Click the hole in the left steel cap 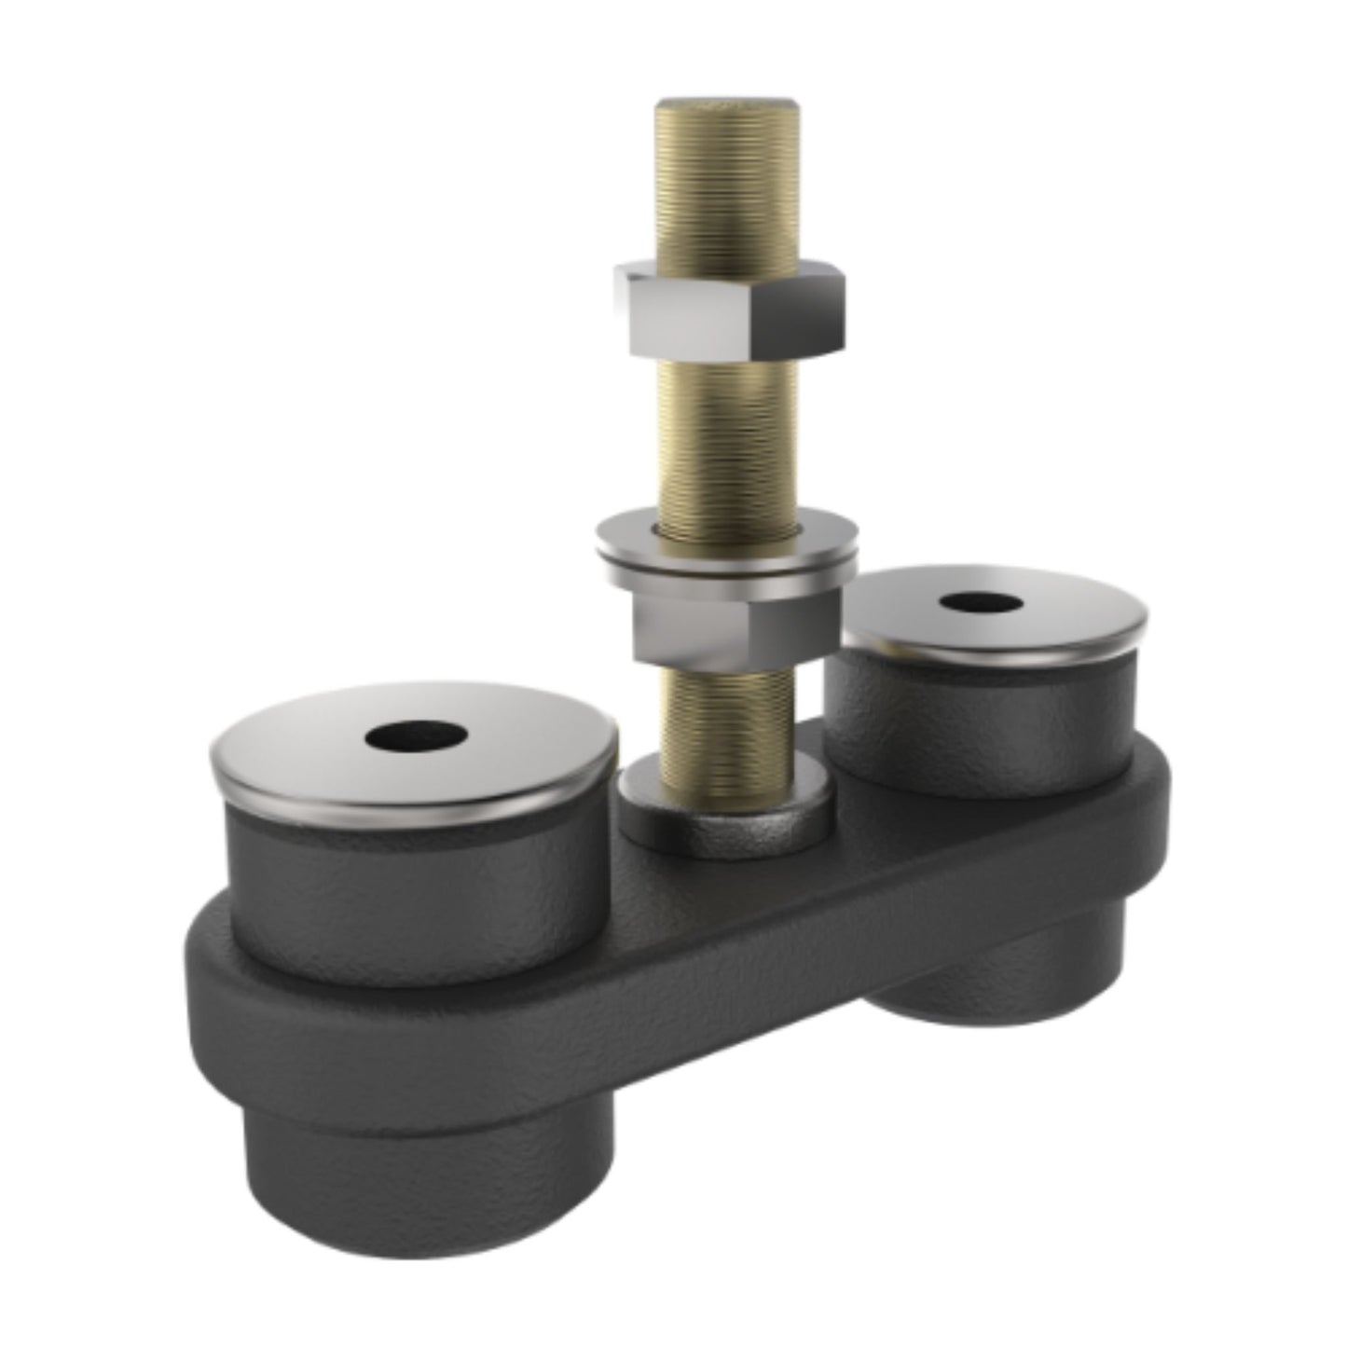click(416, 736)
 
